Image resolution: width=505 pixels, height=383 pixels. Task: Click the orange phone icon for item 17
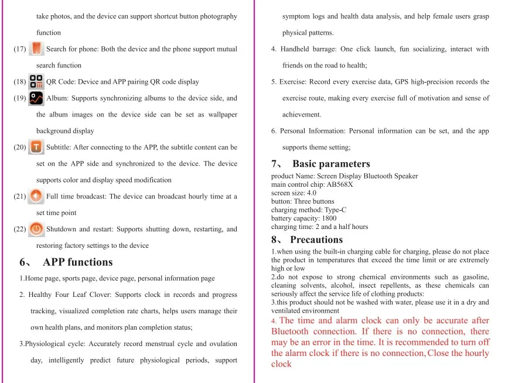[37, 48]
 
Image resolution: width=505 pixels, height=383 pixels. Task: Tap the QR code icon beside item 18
[36, 81]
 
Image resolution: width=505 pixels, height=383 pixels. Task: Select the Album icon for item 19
[36, 98]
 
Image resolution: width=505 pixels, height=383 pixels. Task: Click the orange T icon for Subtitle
[36, 146]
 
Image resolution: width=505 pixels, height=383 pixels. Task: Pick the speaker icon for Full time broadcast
[36, 196]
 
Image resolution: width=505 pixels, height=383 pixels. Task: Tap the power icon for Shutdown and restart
[36, 228]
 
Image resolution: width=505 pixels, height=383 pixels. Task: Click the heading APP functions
[77, 262]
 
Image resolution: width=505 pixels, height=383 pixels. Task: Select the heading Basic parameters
[331, 164]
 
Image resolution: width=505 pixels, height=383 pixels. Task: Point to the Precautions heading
[316, 240]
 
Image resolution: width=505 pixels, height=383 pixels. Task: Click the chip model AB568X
[340, 184]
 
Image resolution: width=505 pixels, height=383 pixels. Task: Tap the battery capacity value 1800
[329, 218]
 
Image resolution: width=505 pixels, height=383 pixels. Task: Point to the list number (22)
[19, 229]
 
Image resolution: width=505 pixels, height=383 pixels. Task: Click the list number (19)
[19, 98]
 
